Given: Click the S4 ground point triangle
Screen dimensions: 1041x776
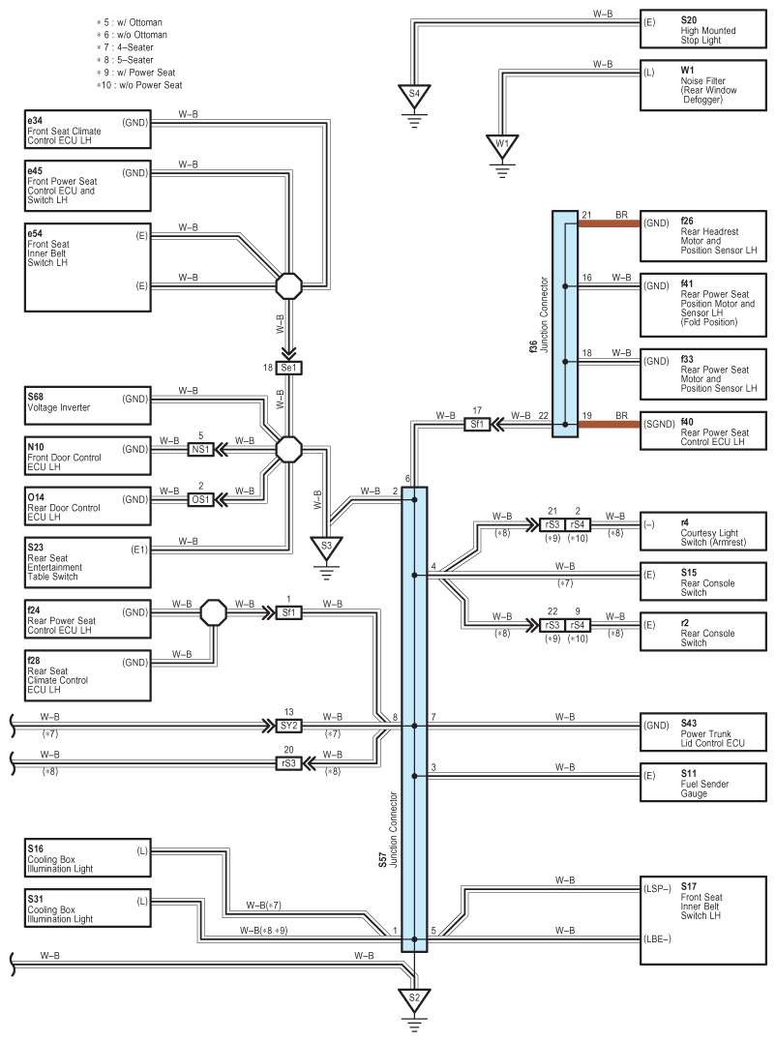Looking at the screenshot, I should tap(414, 95).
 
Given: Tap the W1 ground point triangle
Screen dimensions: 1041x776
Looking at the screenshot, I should tap(501, 145).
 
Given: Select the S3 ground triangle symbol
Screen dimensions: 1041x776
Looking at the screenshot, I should tap(326, 546).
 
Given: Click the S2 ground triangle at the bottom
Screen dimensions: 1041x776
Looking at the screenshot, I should tap(414, 997).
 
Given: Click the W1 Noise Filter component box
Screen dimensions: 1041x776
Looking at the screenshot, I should tap(701, 85).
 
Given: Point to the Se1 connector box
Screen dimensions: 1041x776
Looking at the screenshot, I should tap(289, 368).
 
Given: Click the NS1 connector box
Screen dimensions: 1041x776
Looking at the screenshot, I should tap(200, 448).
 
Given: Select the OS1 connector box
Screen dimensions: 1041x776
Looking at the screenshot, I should tap(200, 499).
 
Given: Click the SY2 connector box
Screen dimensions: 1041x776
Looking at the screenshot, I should tap(289, 725).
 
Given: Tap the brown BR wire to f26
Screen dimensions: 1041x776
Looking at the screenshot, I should tap(610, 223).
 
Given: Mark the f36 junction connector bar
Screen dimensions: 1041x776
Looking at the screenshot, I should tap(565, 324).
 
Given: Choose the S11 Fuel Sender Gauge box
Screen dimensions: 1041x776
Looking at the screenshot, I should tap(701, 781).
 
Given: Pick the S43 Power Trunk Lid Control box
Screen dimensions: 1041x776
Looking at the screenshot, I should tap(701, 730).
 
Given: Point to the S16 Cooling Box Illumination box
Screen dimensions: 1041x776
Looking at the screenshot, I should tap(88, 861).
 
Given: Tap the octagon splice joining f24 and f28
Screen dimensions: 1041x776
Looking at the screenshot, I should tap(213, 612).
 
